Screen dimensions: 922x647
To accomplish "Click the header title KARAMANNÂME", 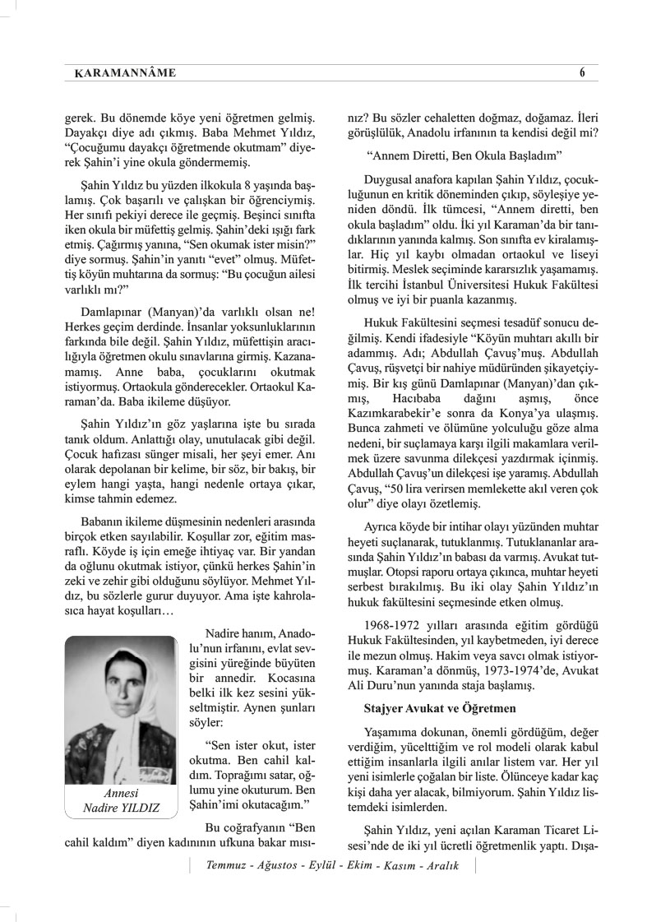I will click(x=119, y=74).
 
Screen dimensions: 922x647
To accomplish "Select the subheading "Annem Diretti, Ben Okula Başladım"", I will click(x=464, y=155).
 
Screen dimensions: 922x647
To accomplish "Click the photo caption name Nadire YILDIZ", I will click(x=122, y=808).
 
